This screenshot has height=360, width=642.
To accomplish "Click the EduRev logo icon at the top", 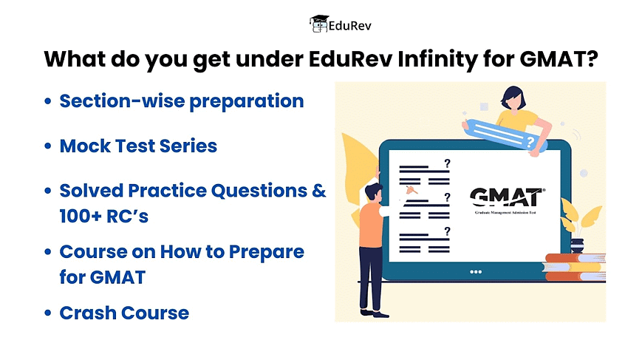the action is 319,24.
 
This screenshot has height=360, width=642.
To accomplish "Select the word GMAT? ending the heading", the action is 559,59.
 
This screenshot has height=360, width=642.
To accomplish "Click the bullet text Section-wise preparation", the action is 182,101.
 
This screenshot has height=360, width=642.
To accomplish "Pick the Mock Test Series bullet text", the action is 138,146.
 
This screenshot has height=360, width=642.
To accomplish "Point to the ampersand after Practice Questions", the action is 319,191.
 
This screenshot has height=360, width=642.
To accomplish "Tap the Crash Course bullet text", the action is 124,313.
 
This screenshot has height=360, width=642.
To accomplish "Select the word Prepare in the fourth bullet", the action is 267,252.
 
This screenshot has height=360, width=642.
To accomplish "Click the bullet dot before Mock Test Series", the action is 48,146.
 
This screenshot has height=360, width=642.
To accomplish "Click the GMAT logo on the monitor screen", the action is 508,200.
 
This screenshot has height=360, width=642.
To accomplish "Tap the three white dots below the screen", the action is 475,272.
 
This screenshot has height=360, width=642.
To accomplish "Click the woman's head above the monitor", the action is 513,98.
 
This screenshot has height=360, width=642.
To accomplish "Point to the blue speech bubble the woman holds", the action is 505,135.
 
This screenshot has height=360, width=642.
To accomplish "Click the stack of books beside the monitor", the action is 574,268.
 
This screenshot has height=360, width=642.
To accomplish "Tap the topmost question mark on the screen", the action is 447,163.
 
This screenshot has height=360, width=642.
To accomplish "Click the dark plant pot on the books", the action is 577,245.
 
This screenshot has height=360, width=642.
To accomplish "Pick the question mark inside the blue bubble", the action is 530,142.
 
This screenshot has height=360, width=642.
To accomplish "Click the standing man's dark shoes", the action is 374,313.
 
